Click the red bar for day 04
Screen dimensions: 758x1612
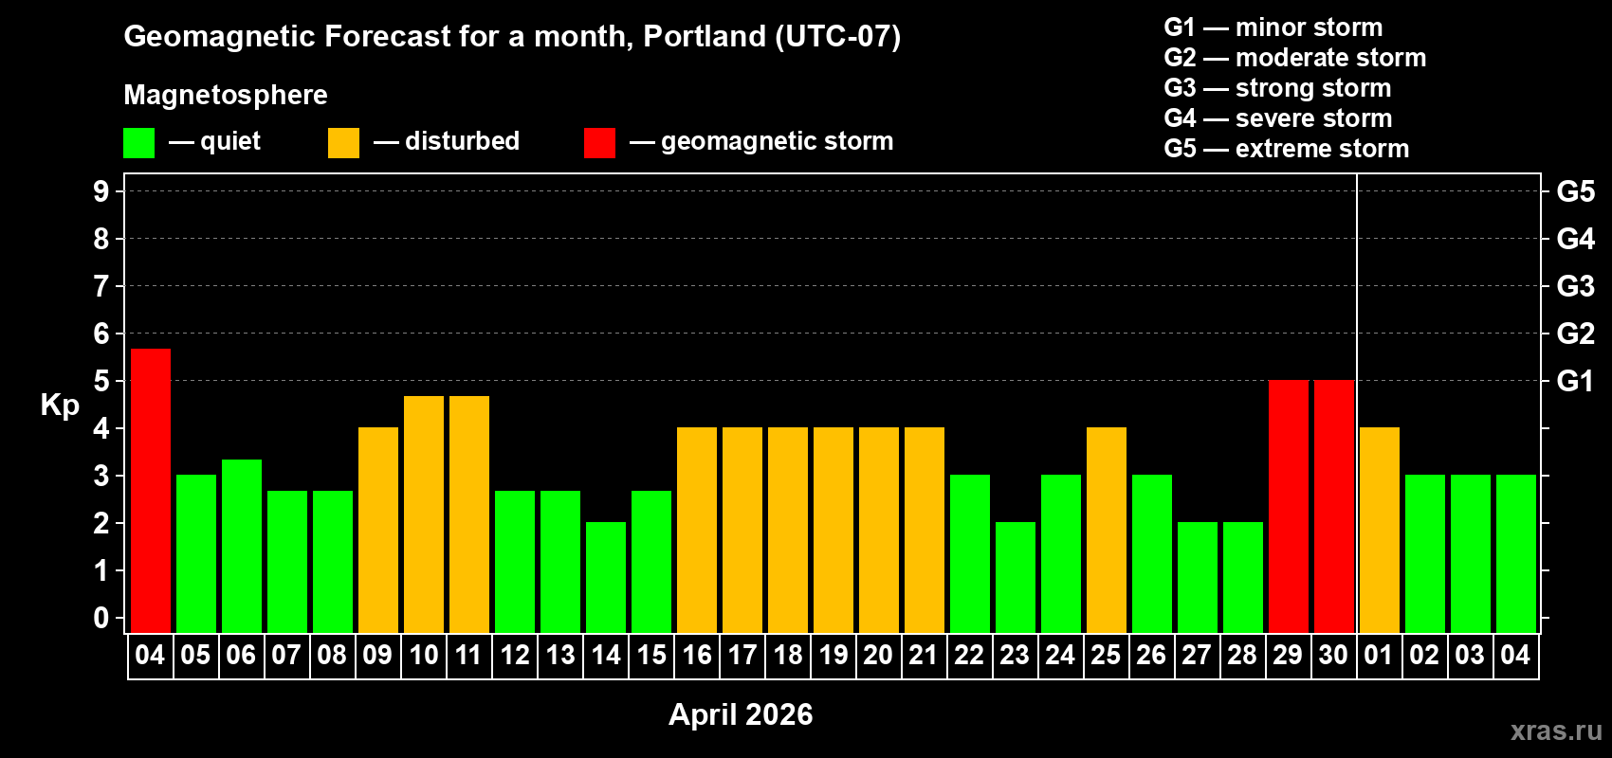click(151, 491)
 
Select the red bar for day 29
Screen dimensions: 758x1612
click(1289, 507)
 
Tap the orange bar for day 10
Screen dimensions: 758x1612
click(424, 514)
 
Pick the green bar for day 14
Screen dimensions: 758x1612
click(606, 577)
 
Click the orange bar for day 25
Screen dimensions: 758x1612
click(1107, 530)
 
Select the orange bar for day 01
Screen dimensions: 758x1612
click(1380, 530)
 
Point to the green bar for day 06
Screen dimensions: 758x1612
click(242, 546)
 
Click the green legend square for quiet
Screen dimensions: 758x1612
click(138, 143)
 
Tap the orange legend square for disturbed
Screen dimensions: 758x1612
click(343, 143)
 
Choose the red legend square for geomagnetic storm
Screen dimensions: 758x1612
click(599, 143)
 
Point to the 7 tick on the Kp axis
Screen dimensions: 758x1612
click(101, 286)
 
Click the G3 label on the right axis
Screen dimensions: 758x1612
click(1575, 286)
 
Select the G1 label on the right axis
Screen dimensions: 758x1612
click(1575, 381)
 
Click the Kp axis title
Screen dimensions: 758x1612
click(60, 405)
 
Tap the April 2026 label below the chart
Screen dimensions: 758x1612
click(741, 714)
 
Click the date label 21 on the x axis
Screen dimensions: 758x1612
click(924, 656)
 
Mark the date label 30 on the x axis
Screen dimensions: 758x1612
click(1333, 656)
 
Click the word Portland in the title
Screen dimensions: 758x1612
click(705, 36)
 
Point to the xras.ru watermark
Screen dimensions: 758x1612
click(1556, 731)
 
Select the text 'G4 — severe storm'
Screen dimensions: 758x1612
click(1277, 118)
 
